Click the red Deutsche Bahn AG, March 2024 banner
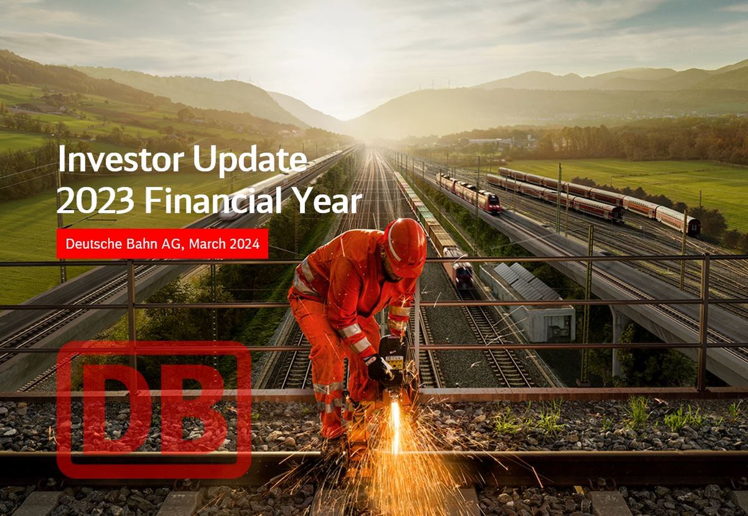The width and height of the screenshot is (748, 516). click(162, 244)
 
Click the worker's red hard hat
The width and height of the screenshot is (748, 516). click(405, 246)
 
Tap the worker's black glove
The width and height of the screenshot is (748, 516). click(378, 368)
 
